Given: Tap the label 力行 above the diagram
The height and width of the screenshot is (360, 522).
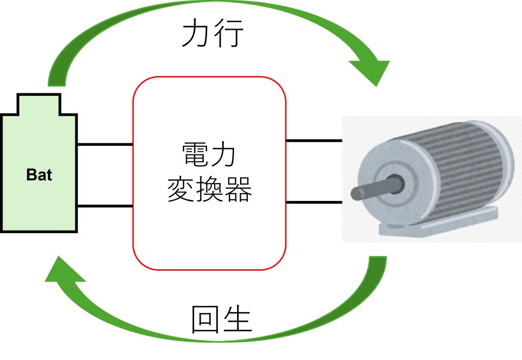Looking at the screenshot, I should click(213, 34).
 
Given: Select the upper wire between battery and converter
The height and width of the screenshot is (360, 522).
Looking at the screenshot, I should click(105, 144).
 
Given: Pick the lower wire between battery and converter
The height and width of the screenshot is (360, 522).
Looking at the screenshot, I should click(105, 206).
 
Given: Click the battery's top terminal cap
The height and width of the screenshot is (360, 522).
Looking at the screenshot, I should click(39, 104).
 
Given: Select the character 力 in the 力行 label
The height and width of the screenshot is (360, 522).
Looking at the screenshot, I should click(197, 34).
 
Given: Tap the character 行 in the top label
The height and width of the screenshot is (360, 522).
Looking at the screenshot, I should click(229, 34).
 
